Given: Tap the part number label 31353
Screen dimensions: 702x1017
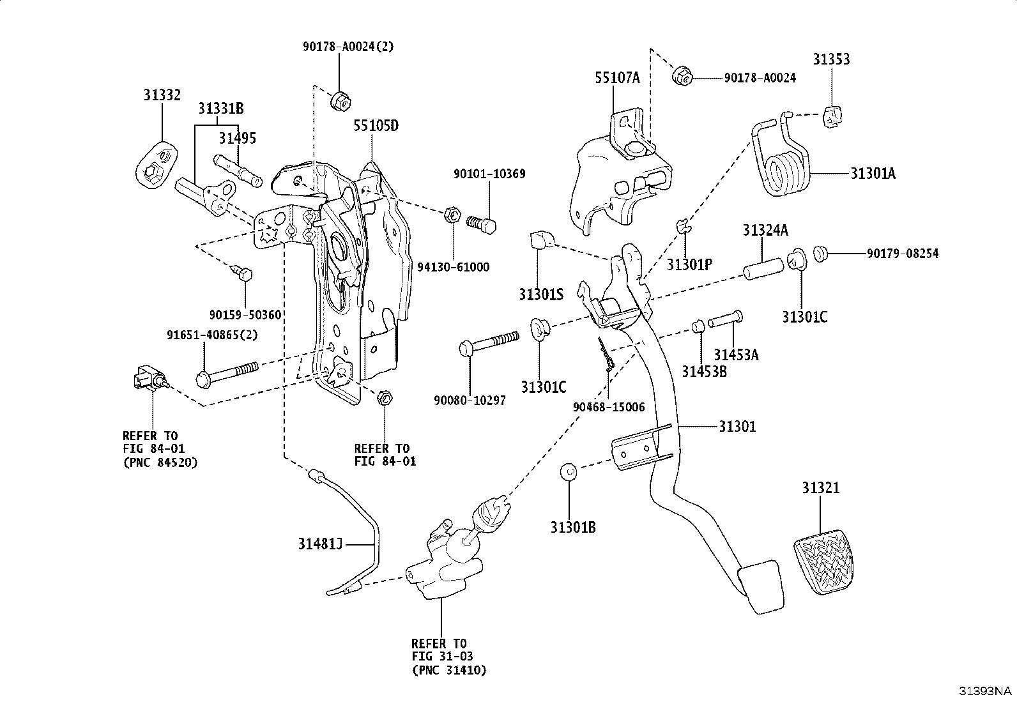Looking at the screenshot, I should pos(831,59).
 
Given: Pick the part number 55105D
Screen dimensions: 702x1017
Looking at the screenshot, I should pos(376,126).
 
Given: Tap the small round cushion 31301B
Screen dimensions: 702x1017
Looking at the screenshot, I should pos(569,472).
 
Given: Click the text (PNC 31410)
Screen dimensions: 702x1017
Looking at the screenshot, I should pos(448,670).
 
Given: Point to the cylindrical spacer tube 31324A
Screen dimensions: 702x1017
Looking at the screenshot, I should pos(763,265).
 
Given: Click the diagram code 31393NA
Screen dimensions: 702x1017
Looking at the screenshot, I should pos(984,691).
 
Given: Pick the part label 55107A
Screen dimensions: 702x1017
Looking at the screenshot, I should pos(617,79).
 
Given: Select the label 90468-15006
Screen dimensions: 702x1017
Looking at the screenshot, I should pos(609,407).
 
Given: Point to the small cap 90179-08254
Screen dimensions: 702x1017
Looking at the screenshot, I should pos(820,254).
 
